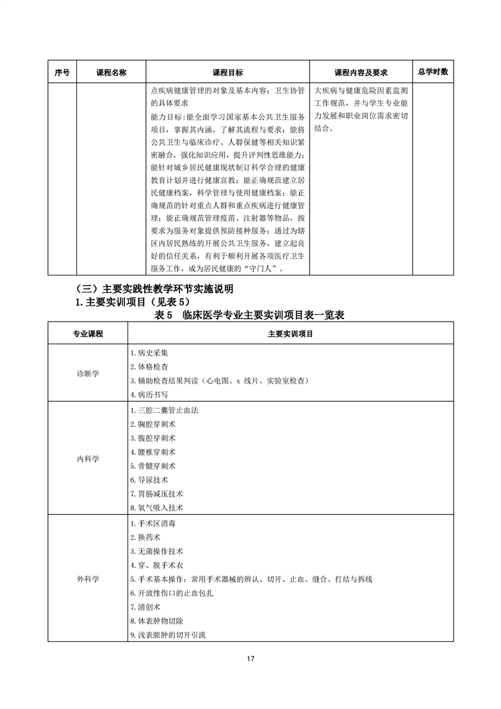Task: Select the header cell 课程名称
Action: (x=111, y=73)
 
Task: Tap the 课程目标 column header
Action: (x=227, y=73)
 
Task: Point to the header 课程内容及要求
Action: (x=360, y=73)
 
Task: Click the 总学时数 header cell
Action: (x=433, y=72)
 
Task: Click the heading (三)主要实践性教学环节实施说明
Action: (x=154, y=289)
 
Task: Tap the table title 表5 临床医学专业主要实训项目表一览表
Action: (x=249, y=315)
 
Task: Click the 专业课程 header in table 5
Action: (x=88, y=333)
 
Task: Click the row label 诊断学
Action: (x=88, y=373)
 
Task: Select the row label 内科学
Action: (x=88, y=458)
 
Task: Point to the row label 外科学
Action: (x=88, y=579)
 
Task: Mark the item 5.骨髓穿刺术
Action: (x=152, y=466)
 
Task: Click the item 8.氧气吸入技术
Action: (x=156, y=507)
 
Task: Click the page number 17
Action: (x=250, y=659)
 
